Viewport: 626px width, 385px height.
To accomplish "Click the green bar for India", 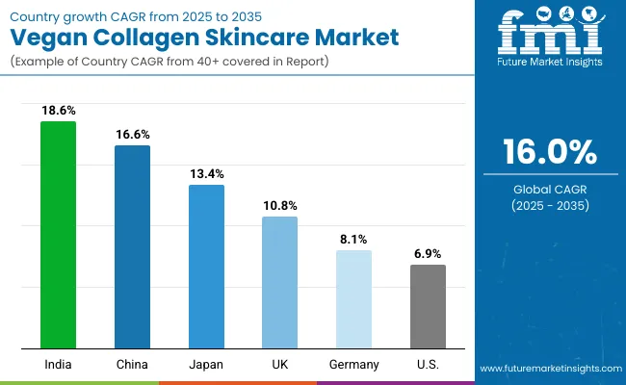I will [x=58, y=235].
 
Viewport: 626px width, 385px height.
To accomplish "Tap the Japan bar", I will [x=206, y=267].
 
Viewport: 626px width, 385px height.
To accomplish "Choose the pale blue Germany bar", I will [x=353, y=299].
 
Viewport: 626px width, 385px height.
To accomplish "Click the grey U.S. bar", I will [x=428, y=306].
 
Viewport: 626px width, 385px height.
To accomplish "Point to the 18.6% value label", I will [x=58, y=111].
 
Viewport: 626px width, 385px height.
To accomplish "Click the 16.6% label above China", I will [x=132, y=135].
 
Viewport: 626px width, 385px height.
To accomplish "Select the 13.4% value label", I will [x=206, y=173].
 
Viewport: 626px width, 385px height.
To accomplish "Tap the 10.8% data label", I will [x=280, y=205].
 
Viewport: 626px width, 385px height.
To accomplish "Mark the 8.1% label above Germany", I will [x=353, y=239].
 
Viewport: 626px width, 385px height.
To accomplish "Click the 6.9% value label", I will [x=428, y=253].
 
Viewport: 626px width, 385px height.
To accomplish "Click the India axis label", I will [x=58, y=364].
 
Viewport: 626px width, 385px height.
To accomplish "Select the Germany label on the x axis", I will [x=353, y=364].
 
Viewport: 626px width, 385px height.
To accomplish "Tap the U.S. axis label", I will [x=428, y=364].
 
